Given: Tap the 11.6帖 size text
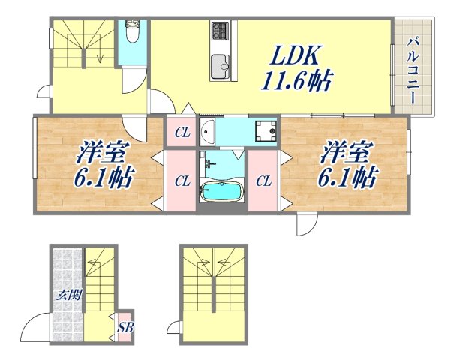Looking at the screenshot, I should click(x=297, y=79).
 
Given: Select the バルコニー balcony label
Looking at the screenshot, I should click(x=413, y=67).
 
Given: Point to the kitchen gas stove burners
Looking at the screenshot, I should click(x=220, y=32).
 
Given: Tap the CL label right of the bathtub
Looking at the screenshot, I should click(x=263, y=181).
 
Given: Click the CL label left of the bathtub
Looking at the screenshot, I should click(x=182, y=181).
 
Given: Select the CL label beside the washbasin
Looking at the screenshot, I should click(x=182, y=133).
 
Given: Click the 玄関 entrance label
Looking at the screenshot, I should click(x=68, y=295).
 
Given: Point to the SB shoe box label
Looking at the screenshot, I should click(x=125, y=327).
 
